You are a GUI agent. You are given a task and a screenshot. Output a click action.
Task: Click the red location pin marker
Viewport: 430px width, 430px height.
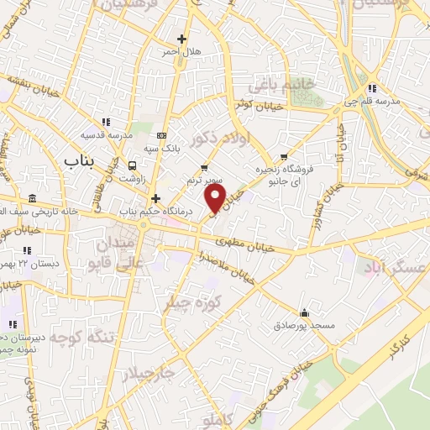[217, 198]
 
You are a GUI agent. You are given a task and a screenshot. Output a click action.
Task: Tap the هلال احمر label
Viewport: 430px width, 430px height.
[182, 52]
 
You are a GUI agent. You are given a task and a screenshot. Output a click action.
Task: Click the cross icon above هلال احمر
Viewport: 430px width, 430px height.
[182, 39]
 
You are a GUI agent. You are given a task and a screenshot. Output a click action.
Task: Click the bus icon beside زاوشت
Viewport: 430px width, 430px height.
[132, 165]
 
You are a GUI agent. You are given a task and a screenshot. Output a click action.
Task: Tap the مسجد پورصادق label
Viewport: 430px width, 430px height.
[311, 324]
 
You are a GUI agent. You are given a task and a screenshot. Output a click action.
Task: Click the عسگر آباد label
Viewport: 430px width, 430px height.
[394, 266]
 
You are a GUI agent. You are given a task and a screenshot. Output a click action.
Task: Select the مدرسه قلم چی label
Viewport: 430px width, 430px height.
[393, 102]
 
